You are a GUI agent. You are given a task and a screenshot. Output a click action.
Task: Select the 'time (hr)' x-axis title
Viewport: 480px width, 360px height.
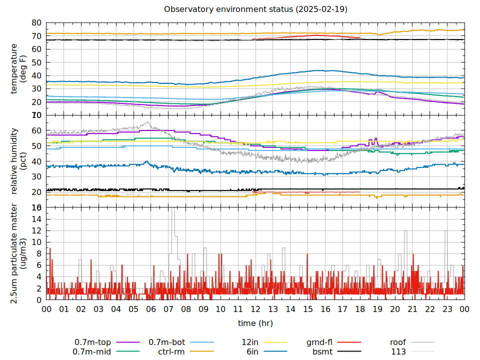click(255, 323)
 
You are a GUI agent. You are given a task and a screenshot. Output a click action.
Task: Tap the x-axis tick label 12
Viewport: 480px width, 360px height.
click(255, 309)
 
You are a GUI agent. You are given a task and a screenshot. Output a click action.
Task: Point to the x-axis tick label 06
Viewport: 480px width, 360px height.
click(151, 309)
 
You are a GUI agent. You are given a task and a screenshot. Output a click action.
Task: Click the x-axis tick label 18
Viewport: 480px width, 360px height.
click(360, 309)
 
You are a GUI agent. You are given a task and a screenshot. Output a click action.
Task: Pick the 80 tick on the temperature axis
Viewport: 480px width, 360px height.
click(36, 23)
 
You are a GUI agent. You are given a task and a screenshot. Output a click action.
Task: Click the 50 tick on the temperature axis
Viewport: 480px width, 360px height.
click(36, 62)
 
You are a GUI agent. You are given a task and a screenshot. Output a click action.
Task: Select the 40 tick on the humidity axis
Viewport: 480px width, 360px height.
click(36, 161)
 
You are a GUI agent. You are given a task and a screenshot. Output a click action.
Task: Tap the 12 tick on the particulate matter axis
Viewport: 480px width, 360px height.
click(36, 230)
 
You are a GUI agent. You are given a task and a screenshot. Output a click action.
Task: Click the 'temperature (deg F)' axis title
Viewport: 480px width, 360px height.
click(18, 68)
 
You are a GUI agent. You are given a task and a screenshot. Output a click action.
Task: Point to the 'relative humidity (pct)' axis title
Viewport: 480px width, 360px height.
click(18, 160)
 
